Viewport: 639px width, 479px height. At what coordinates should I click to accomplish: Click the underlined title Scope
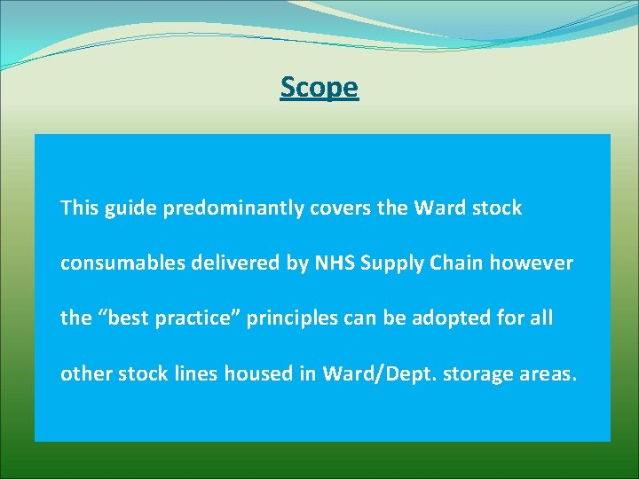[x=319, y=87]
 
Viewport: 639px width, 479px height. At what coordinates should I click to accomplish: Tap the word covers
[x=337, y=208]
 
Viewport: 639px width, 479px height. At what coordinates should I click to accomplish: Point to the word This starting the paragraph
[x=79, y=208]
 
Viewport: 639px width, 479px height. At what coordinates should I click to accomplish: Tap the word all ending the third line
[x=540, y=318]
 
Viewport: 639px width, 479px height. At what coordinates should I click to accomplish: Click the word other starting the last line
[x=83, y=373]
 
